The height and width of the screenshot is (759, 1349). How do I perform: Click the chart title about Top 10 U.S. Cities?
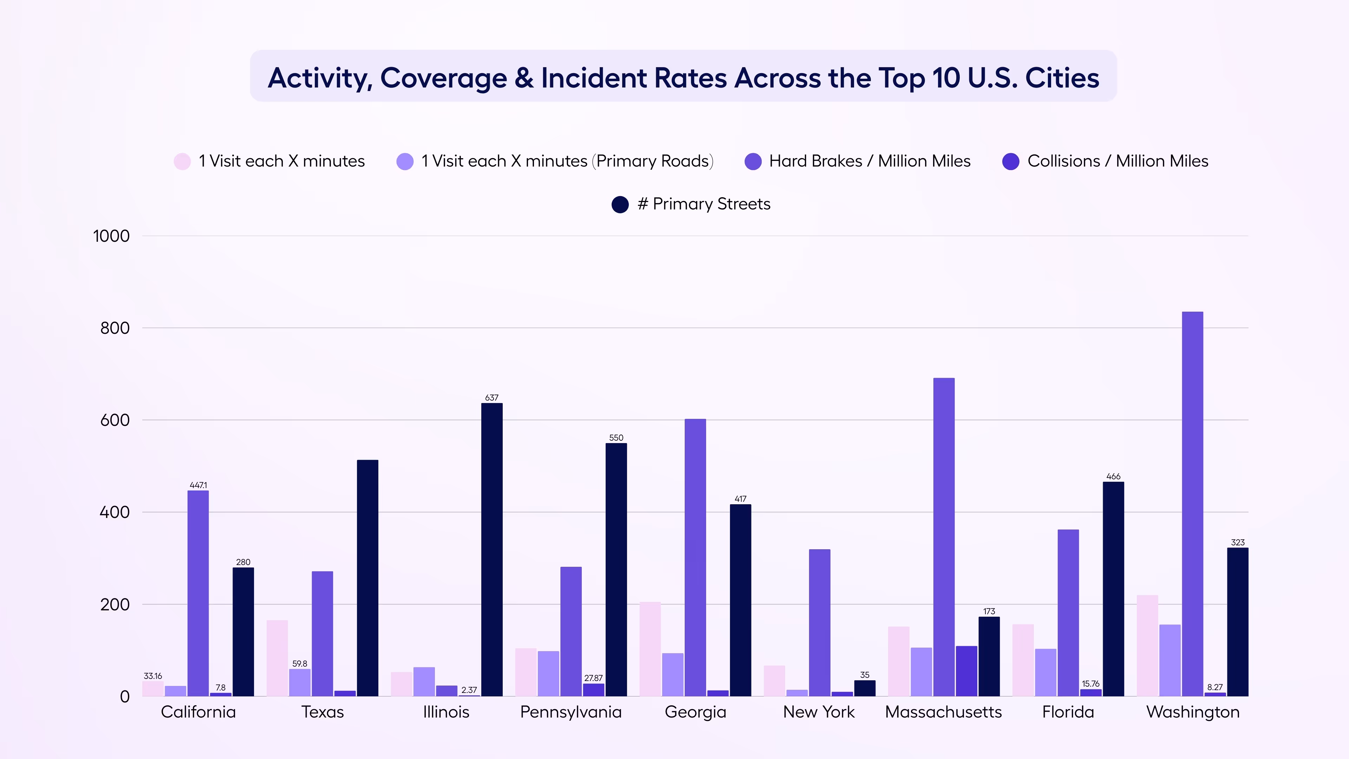click(x=683, y=78)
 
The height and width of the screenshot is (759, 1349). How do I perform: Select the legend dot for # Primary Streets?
click(x=620, y=204)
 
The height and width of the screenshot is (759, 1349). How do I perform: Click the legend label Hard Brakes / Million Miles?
click(x=869, y=161)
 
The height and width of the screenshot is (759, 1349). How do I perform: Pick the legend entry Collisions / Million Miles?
click(x=1117, y=161)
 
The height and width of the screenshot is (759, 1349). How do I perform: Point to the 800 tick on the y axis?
click(x=115, y=329)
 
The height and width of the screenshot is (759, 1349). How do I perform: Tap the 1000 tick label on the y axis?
click(x=111, y=236)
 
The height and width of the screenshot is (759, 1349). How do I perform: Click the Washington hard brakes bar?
click(x=1192, y=503)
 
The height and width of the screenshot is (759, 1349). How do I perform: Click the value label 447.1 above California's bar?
click(x=198, y=485)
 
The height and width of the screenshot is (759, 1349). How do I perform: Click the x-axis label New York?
click(x=819, y=712)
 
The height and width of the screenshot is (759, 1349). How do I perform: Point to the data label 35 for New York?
click(x=865, y=675)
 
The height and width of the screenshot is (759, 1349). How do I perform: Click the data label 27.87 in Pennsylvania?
click(x=593, y=678)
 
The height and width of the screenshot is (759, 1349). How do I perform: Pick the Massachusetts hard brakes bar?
click(x=944, y=537)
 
